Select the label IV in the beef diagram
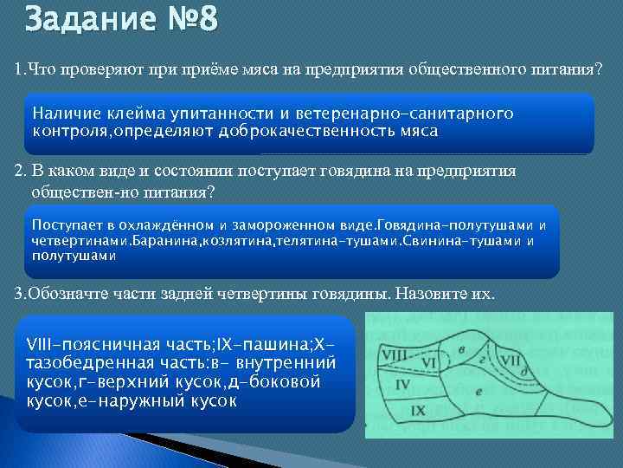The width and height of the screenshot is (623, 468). [x=402, y=382]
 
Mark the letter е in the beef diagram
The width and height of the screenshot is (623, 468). [x=478, y=391]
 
